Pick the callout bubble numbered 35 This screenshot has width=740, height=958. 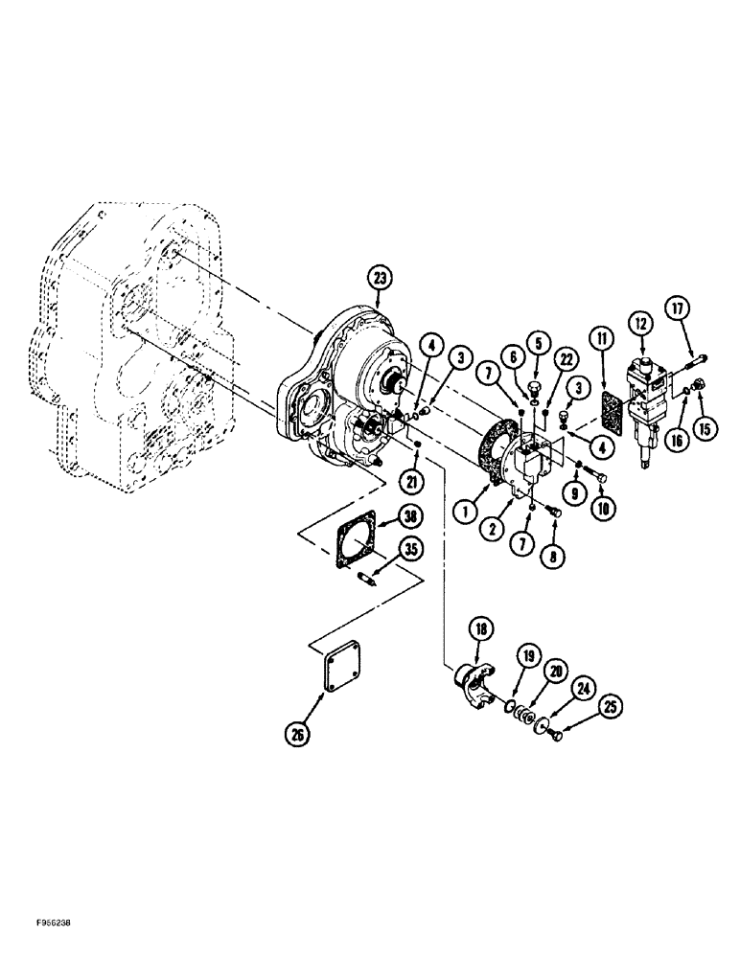coord(411,552)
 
